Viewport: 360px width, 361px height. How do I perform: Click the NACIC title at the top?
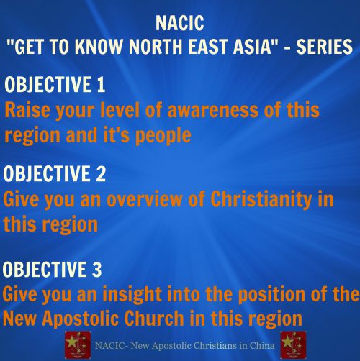(x=180, y=23)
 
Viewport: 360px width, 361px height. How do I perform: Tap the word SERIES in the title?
(x=325, y=46)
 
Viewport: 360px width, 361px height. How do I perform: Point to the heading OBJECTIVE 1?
(x=55, y=84)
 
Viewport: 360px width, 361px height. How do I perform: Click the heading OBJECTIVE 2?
(x=55, y=173)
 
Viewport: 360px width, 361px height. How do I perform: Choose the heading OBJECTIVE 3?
(x=52, y=269)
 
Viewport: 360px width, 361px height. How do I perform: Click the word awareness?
(x=212, y=110)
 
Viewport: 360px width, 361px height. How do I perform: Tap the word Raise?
(x=27, y=109)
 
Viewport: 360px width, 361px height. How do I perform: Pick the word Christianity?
(x=261, y=200)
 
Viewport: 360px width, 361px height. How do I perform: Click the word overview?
(x=144, y=200)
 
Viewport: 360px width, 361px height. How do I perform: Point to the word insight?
(x=132, y=295)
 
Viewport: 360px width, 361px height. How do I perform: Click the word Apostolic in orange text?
(x=81, y=319)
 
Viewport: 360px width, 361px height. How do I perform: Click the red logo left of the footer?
(x=78, y=345)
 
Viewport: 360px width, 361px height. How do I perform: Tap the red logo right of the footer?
(x=293, y=345)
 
